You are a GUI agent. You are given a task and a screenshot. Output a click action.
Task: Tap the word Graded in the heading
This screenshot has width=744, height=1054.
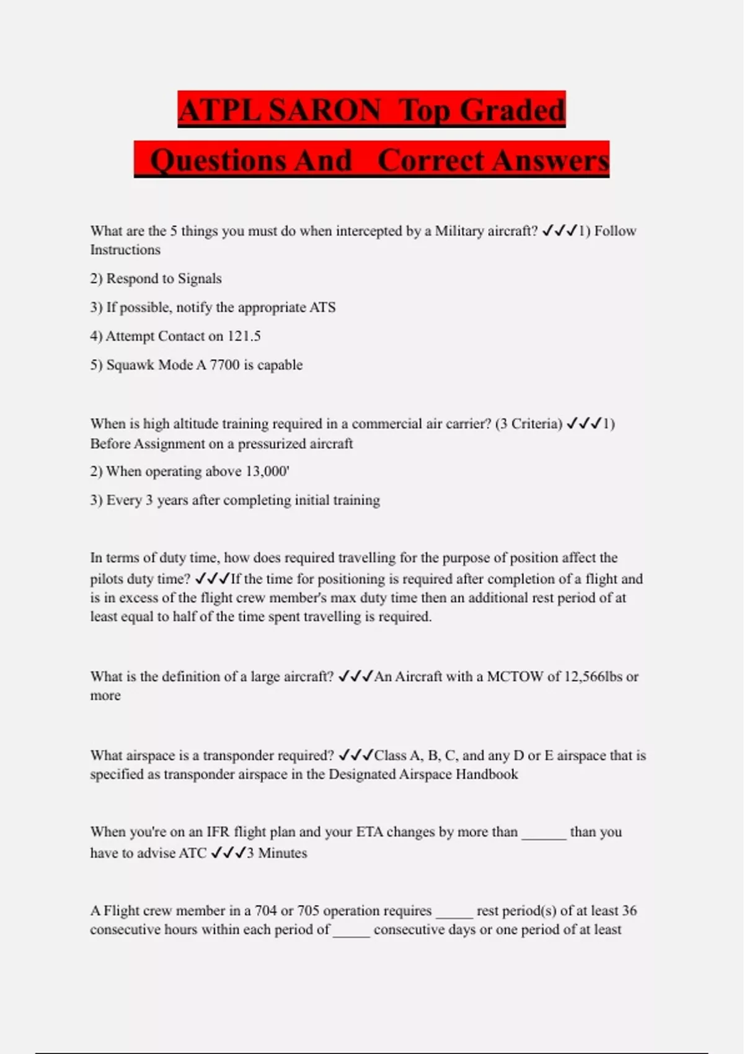tap(512, 110)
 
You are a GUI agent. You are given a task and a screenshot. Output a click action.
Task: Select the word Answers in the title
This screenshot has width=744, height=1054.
tap(552, 161)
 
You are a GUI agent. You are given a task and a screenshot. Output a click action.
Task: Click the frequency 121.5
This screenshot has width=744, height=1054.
tap(244, 336)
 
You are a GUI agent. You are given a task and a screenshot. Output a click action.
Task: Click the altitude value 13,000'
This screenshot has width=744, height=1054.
tap(267, 471)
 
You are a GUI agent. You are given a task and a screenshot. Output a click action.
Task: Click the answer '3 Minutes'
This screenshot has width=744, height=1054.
tap(277, 853)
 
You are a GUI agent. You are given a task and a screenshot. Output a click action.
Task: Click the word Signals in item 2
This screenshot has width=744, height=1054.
tap(200, 278)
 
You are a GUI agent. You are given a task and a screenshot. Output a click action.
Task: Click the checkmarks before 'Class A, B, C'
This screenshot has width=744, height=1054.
tap(356, 755)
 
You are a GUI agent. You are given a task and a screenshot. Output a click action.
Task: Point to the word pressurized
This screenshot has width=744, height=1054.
tap(295, 443)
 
